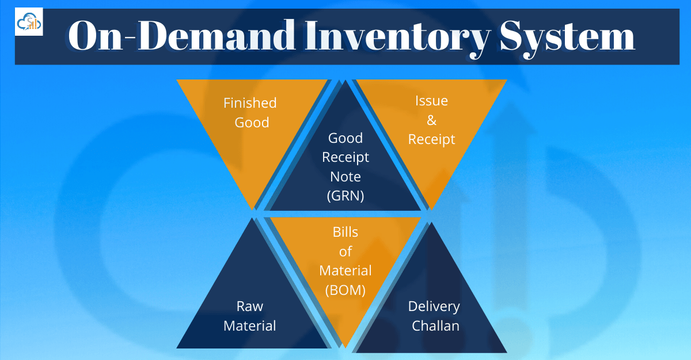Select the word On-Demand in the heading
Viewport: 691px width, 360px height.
(x=151, y=37)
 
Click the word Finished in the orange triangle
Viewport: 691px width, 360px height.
(x=250, y=103)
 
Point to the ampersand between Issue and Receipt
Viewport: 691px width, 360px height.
(x=431, y=120)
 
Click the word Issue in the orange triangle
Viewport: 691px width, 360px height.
(x=431, y=101)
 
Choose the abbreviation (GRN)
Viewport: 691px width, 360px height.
(x=345, y=196)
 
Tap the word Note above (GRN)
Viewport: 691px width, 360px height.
(x=345, y=177)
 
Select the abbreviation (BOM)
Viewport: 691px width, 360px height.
(x=345, y=290)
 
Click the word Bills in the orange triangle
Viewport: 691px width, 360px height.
(x=345, y=232)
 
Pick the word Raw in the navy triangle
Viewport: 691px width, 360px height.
(x=250, y=306)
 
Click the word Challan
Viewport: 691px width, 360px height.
(x=435, y=326)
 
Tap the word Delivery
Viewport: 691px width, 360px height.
(x=434, y=306)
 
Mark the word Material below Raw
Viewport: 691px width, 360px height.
(x=250, y=326)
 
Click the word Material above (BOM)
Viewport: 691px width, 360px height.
(x=345, y=271)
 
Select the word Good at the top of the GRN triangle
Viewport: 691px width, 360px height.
(x=345, y=138)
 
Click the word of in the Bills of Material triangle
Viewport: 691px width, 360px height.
(x=345, y=252)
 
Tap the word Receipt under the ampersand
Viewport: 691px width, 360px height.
(x=431, y=139)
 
